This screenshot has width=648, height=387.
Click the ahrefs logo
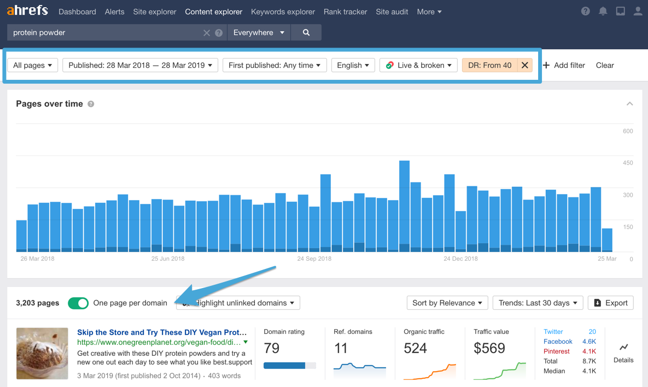[x=27, y=11]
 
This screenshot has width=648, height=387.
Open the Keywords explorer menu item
[x=283, y=11]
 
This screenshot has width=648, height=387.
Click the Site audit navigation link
[x=392, y=11]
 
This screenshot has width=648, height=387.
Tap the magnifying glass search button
[x=306, y=33]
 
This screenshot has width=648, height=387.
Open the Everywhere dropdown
[x=259, y=33]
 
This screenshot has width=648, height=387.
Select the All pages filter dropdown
[x=32, y=65]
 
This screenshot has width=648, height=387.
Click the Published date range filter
[x=141, y=65]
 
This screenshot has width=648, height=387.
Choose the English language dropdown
[x=353, y=65]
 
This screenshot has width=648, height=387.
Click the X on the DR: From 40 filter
[x=525, y=65]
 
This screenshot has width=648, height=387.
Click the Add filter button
[x=564, y=65]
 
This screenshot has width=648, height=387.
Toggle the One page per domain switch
[x=78, y=303]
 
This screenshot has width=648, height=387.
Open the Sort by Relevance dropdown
[x=447, y=303]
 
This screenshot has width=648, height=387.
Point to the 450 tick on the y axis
[x=627, y=163]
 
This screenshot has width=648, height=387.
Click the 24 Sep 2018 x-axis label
[x=314, y=259]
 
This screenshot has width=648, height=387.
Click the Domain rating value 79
[x=272, y=348]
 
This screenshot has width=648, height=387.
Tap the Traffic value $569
[x=489, y=348]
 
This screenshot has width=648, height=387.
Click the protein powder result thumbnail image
[x=42, y=353]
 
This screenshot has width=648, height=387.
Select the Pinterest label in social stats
[x=557, y=351]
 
